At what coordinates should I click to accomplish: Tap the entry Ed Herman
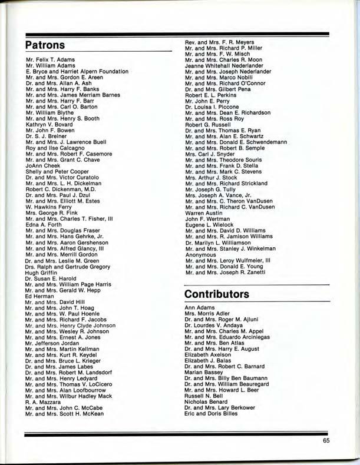coord(38,295)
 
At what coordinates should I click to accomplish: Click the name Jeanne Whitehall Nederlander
coord(227,66)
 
